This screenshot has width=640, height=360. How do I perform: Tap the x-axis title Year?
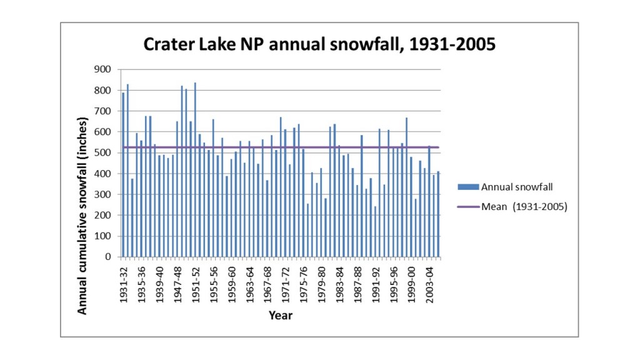[281, 316]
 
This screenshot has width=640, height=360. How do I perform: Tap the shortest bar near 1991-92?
[375, 232]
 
